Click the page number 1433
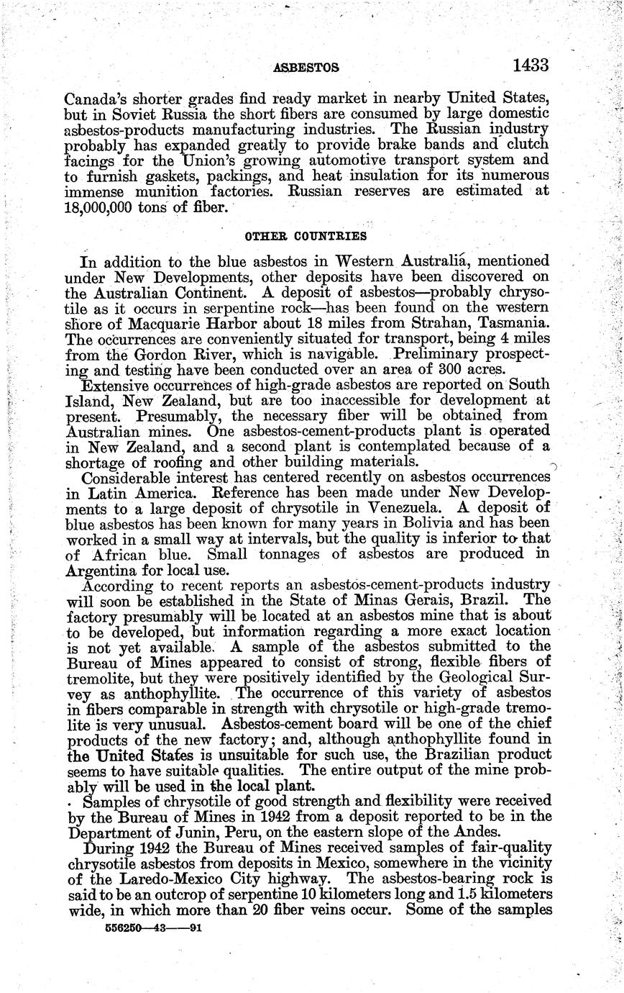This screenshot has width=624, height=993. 531,65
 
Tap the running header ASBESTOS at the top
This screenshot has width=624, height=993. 307,68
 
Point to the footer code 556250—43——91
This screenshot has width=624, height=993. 151,929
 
